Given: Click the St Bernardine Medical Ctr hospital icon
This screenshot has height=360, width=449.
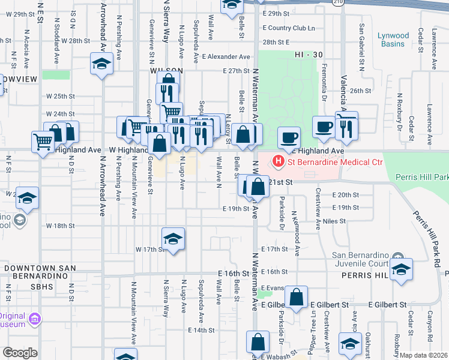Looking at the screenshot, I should click(x=279, y=161).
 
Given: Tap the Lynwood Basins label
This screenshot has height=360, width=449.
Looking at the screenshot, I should click(x=393, y=40).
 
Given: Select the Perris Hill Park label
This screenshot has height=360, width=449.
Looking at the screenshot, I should click(x=423, y=178).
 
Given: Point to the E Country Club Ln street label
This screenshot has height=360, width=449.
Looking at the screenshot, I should click(x=289, y=28).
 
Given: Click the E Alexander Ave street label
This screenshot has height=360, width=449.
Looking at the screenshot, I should click(x=226, y=57).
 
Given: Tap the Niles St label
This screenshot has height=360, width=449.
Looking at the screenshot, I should click(x=334, y=221).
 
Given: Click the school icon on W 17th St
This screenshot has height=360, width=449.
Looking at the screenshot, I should click(x=172, y=239).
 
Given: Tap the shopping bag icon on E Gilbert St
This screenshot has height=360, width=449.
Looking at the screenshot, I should click(x=297, y=297).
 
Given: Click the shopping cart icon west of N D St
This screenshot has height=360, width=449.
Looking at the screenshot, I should click(x=43, y=143).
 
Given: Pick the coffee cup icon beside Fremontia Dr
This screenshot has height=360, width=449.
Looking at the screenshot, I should click(x=324, y=127).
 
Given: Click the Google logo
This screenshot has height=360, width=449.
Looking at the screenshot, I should click(x=19, y=353).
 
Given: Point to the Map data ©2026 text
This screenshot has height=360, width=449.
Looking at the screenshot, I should click(x=424, y=355).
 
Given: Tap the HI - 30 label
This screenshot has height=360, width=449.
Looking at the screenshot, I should click(x=309, y=55).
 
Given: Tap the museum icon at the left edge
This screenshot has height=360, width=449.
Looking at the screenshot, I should click(x=35, y=318).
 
